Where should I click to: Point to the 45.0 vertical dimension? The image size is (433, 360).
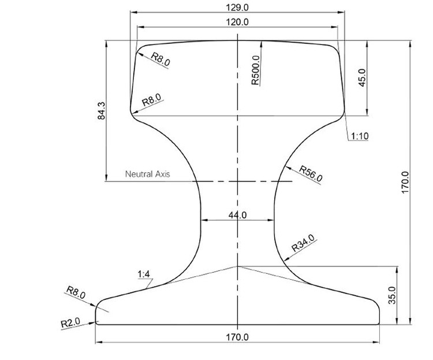click(363, 78)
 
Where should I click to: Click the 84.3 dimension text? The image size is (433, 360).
click(102, 110)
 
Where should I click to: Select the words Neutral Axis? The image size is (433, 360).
click(147, 173)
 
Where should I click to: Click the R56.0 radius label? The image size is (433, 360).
click(311, 174)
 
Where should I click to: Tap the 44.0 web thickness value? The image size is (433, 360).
click(237, 215)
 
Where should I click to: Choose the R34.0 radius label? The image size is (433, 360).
click(303, 243)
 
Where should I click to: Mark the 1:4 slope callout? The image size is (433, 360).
click(144, 274)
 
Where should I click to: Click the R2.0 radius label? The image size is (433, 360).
click(71, 323)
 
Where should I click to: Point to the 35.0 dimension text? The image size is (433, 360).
click(392, 295)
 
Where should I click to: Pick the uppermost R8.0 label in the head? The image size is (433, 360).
click(160, 58)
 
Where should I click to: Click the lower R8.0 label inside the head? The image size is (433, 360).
click(152, 100)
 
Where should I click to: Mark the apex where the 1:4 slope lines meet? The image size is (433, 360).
click(237, 266)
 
